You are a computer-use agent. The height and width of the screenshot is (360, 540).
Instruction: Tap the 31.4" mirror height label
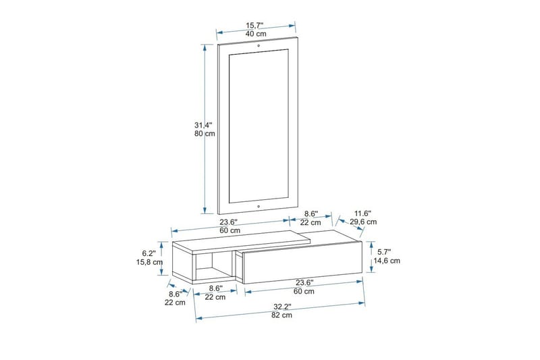tap(203, 125)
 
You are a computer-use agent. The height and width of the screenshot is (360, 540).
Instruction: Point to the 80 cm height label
tap(203, 134)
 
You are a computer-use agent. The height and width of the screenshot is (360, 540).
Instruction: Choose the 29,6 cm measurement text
tap(362, 222)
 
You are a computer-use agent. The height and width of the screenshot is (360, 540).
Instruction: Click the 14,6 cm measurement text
tap(386, 260)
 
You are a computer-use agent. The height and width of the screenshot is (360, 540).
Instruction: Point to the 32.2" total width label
tap(282, 306)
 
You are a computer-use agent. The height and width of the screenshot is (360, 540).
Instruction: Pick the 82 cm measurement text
tap(282, 315)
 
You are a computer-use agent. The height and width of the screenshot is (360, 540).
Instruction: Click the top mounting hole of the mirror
tap(259, 46)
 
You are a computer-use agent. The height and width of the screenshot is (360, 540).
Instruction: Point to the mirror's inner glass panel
tap(259, 125)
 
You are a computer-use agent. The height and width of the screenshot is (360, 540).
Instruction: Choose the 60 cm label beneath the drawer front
tap(304, 292)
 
